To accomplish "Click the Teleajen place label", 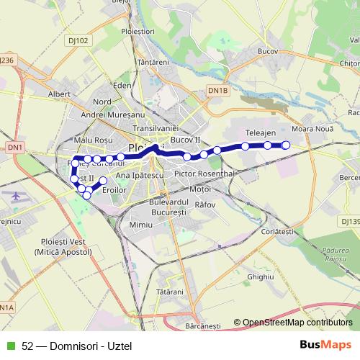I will click(260, 134).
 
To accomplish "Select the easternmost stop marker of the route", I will click(286, 145).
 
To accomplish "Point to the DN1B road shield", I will click(217, 90).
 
